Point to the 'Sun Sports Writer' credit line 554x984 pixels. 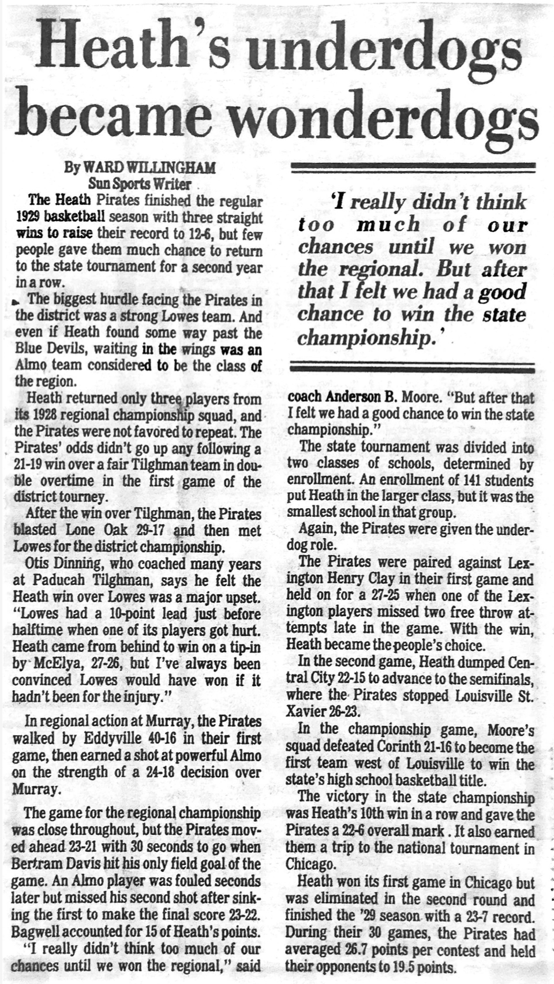(x=139, y=184)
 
